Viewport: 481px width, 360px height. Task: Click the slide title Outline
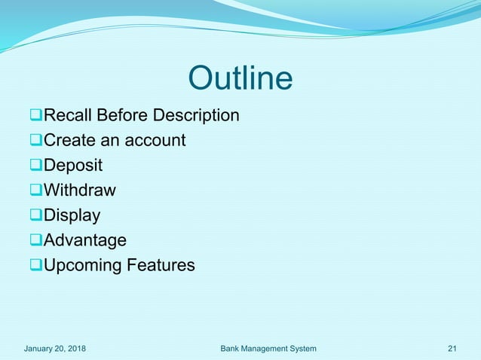[240, 79]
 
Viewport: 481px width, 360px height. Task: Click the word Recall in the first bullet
[68, 116]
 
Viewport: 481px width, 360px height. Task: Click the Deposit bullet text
[73, 166]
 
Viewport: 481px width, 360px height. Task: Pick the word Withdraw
[80, 191]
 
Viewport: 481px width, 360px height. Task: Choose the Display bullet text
[72, 215]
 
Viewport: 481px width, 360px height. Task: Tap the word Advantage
[85, 240]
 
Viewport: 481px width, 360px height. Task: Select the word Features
[160, 265]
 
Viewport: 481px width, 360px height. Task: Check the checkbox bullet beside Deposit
[35, 166]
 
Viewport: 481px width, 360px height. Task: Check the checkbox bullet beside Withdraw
[35, 191]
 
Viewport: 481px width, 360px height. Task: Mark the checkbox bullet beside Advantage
[35, 240]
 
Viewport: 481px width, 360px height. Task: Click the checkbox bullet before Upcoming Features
[35, 265]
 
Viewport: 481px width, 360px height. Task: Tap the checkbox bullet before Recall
[35, 116]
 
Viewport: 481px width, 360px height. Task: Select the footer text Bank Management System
[268, 348]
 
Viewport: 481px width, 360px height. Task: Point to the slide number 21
[452, 348]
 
